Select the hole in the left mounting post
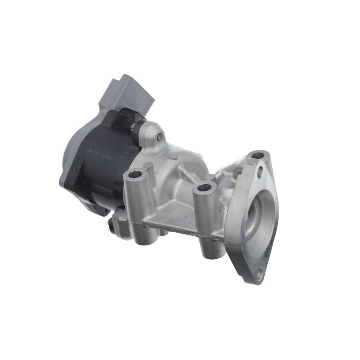click(134, 174)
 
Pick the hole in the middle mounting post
click(204, 187)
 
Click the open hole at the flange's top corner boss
click(258, 156)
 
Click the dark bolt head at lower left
click(110, 222)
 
